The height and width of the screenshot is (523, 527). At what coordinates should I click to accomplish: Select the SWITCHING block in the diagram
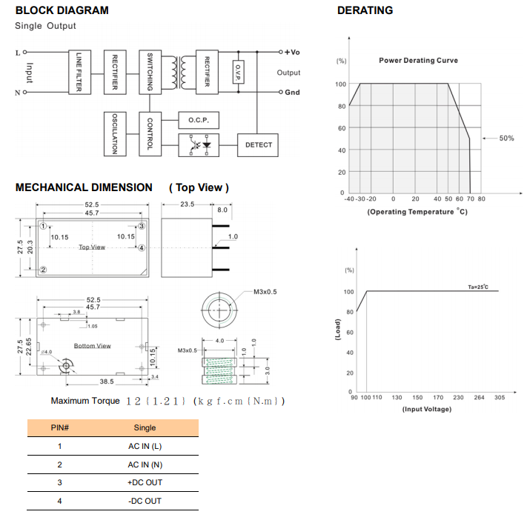[150, 73]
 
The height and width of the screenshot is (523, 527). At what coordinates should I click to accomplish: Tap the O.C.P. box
[198, 119]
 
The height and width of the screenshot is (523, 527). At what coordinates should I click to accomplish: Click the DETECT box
[259, 145]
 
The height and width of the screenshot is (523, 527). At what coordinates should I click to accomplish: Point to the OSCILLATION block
[115, 133]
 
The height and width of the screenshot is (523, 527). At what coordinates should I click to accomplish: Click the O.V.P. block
[238, 73]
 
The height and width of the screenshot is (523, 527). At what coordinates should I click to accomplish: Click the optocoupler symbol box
[198, 145]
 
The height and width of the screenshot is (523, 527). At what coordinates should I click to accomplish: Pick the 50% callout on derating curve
[506, 139]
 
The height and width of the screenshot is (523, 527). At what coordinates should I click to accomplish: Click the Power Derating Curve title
[418, 61]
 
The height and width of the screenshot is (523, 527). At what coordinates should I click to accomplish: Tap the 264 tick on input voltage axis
[479, 398]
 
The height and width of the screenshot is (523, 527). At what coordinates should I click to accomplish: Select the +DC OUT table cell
[145, 483]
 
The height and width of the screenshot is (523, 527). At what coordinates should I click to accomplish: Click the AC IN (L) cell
[145, 447]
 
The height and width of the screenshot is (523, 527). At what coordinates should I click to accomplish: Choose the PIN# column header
[59, 428]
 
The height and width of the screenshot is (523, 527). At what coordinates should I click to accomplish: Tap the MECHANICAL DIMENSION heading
[84, 188]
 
